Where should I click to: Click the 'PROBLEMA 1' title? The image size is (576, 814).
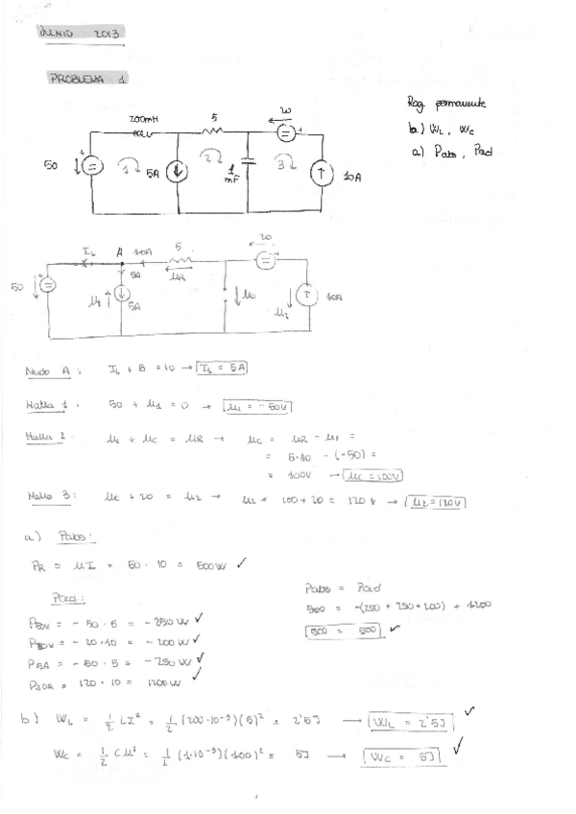coord(88,80)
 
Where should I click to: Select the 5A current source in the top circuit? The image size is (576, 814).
coord(178,173)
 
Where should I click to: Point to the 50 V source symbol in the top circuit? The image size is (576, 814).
coord(91,166)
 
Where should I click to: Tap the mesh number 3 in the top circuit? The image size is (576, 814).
coord(285,163)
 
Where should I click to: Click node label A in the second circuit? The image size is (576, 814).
coord(120,251)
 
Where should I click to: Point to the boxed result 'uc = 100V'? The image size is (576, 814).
coord(372,475)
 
